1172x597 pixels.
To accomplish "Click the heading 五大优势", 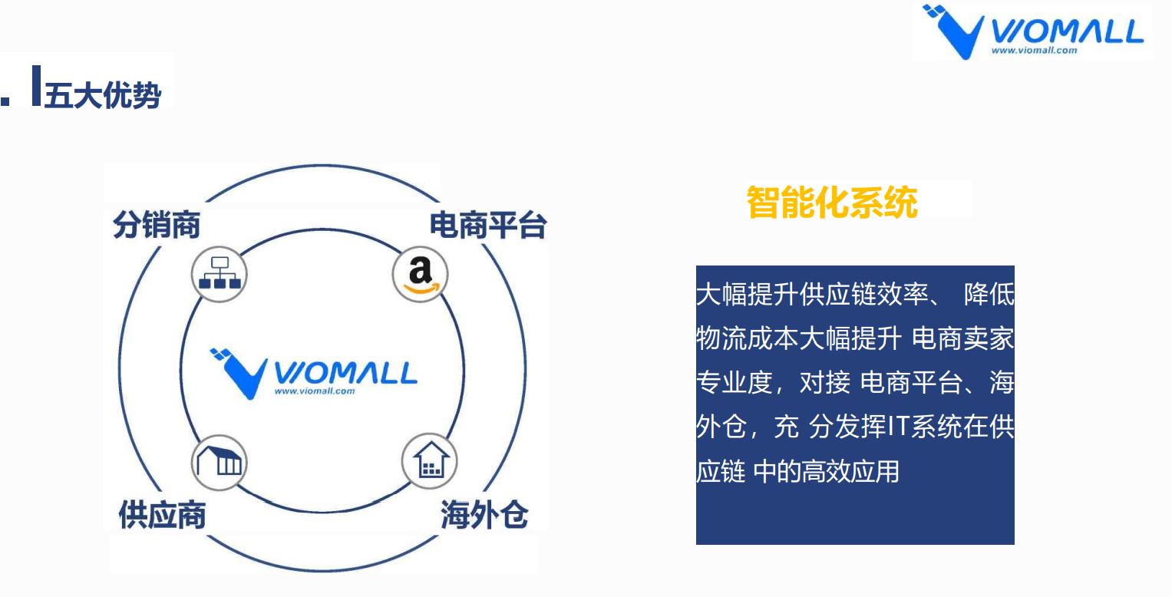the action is click(103, 95).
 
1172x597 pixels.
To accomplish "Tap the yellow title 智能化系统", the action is click(832, 203).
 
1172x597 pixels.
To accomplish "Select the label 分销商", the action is click(157, 225).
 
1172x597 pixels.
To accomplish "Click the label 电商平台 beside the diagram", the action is click(488, 226).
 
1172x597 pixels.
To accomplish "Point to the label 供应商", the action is click(162, 514).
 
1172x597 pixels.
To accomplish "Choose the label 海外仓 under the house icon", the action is click(484, 514).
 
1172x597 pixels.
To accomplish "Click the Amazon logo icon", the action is click(420, 274).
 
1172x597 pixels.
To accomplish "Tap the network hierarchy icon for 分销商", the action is click(220, 274).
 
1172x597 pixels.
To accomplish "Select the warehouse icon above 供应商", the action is click(220, 463).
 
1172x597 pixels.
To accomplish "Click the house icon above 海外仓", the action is click(430, 461).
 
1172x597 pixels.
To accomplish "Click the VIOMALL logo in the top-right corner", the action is click(1033, 31).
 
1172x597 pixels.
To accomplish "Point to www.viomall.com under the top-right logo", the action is click(1035, 51).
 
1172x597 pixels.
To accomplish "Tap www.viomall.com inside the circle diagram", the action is click(315, 391).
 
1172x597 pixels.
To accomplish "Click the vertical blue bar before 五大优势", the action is click(37, 85).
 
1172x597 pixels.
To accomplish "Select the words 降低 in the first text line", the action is click(989, 294).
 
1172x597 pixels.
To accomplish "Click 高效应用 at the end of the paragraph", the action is click(850, 471).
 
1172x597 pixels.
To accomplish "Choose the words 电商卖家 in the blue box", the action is click(962, 338).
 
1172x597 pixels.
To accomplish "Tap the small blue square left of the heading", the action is click(5, 101).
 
